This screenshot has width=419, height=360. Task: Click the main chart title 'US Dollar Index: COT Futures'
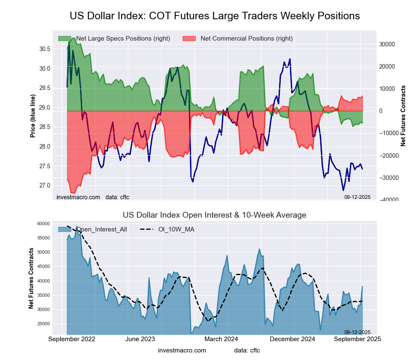click(x=215, y=16)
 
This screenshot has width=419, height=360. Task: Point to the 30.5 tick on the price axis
click(x=45, y=49)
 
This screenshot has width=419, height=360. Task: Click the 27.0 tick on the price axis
click(x=45, y=185)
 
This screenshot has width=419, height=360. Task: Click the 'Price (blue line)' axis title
click(x=33, y=116)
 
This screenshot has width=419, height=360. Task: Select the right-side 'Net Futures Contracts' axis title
click(x=403, y=116)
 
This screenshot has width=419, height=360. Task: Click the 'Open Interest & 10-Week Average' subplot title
click(x=215, y=215)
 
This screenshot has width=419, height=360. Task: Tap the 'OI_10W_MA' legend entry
click(x=176, y=229)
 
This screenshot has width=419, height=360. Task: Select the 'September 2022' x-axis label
click(x=72, y=339)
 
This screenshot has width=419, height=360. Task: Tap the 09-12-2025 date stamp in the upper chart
click(x=357, y=197)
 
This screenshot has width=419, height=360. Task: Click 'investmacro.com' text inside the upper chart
click(x=78, y=197)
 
